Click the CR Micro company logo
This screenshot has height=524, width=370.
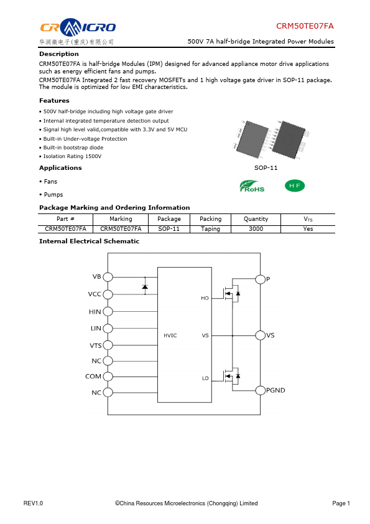pos(78,31)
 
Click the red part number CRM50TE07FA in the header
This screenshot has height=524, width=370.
pos(305,26)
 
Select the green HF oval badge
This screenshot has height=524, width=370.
pos(295,186)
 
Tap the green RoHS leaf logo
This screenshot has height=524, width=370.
pos(252,186)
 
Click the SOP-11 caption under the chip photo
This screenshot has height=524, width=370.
pos(266,168)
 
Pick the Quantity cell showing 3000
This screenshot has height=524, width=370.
pos(256,229)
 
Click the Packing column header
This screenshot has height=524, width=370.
pos(210,219)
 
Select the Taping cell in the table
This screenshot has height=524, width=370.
pos(210,229)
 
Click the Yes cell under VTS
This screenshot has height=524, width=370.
pos(308,229)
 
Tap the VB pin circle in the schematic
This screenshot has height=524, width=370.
pos(108,277)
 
